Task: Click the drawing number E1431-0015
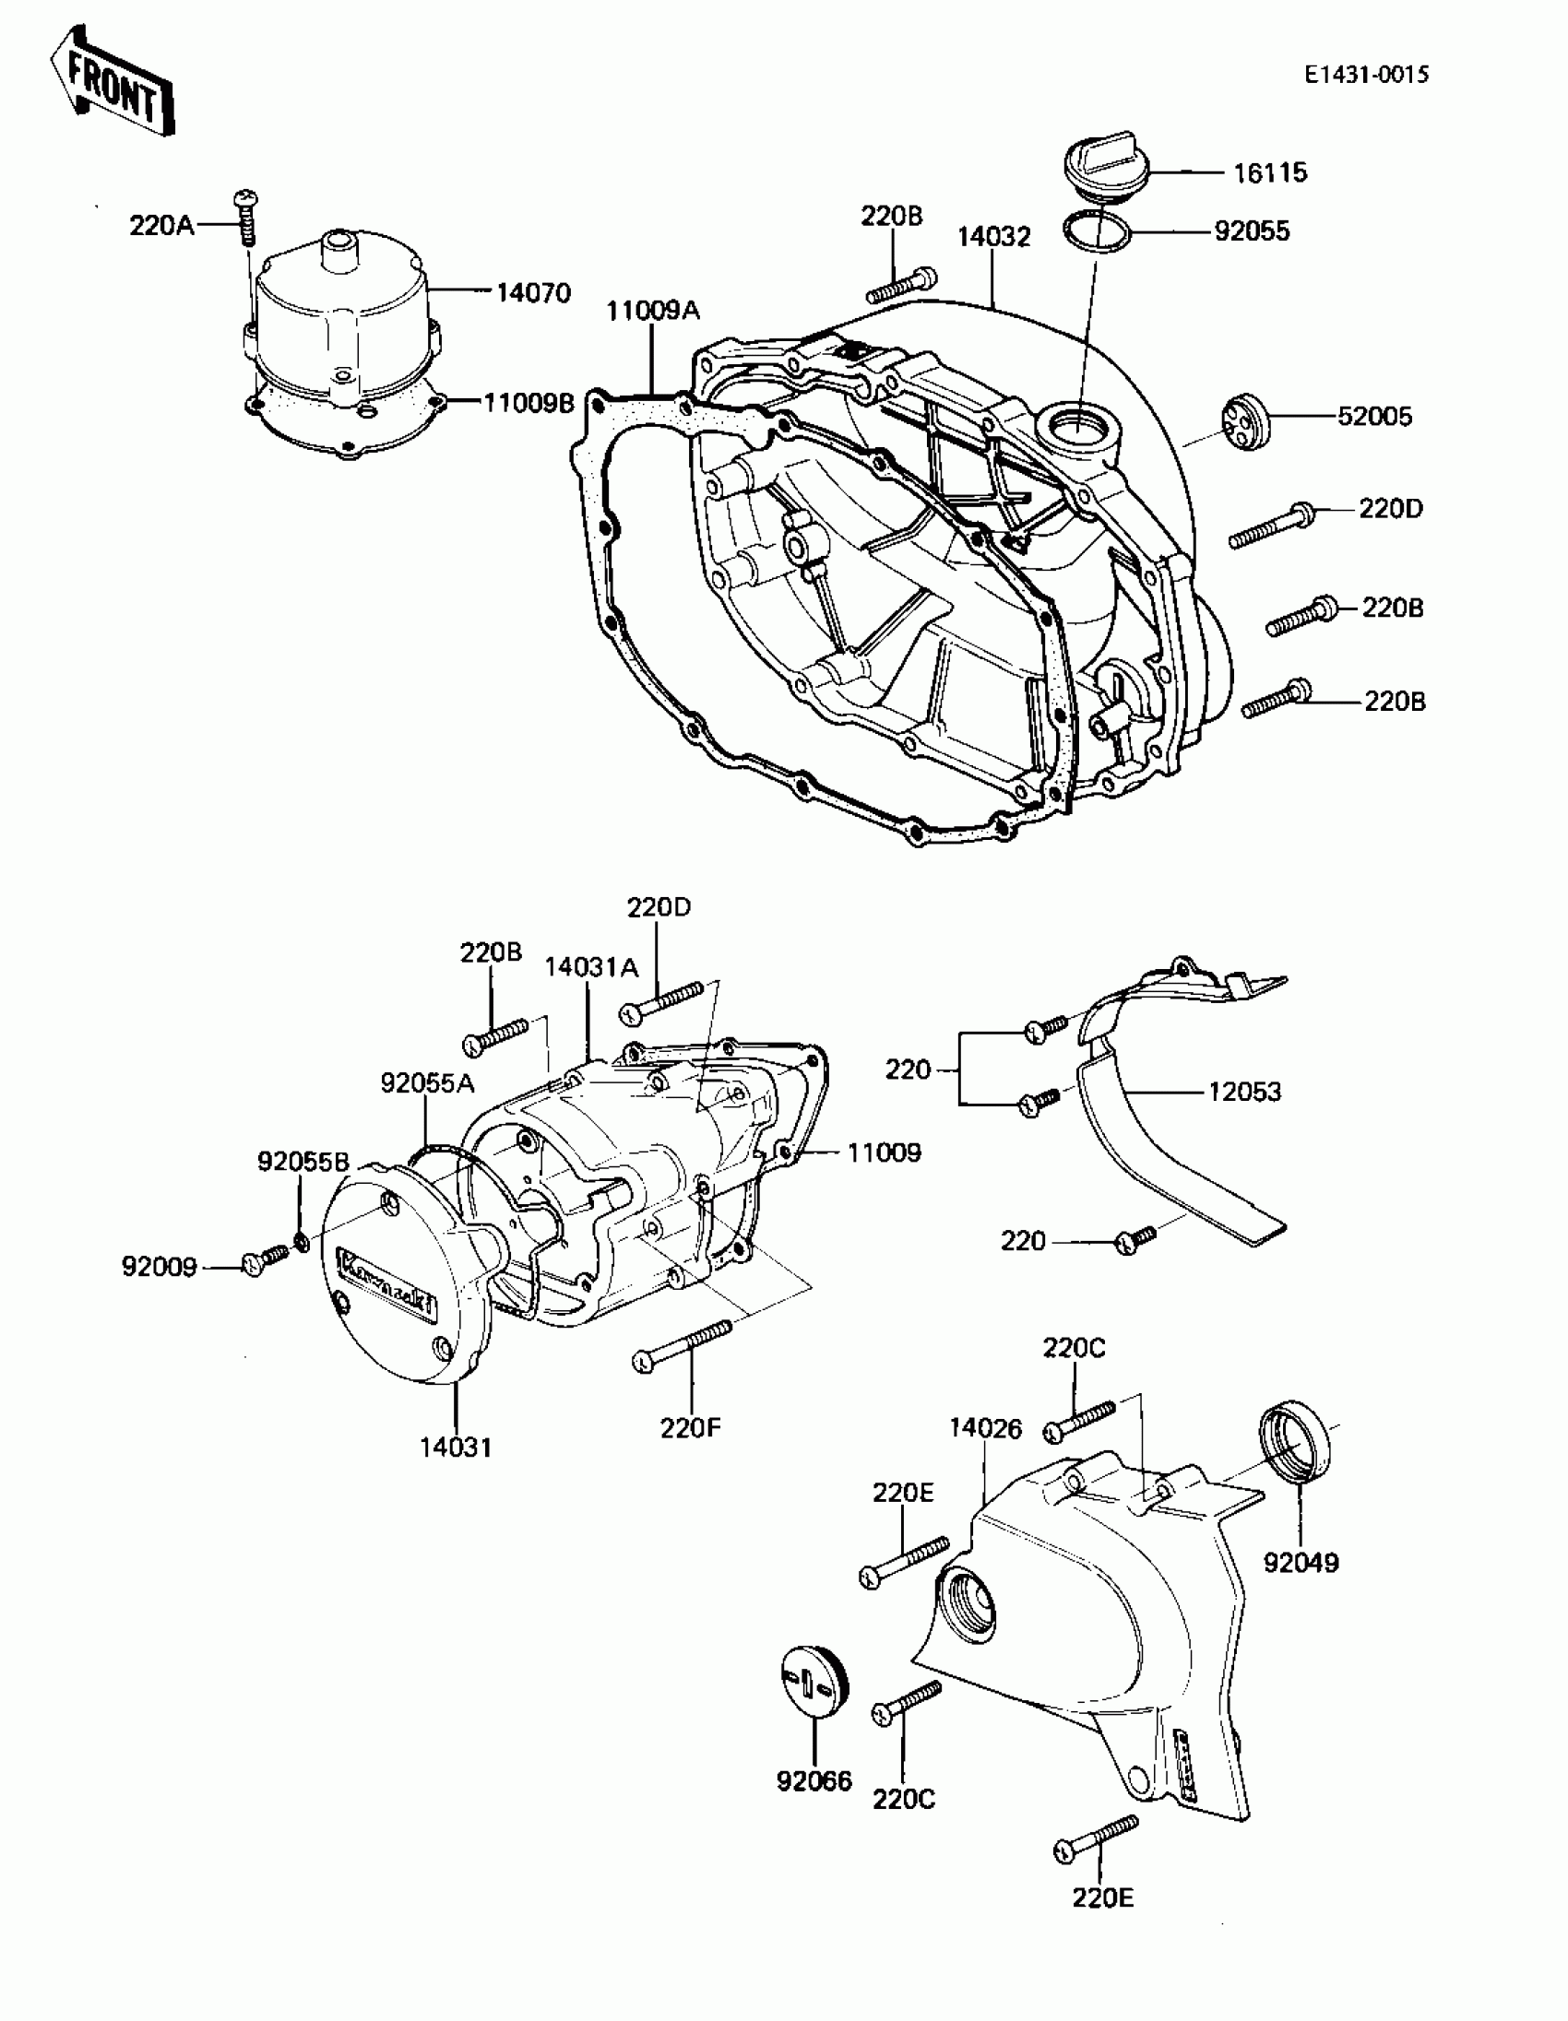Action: pos(1366,75)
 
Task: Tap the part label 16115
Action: pos(1270,172)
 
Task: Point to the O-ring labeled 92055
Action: pos(1097,231)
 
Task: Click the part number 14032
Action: pos(992,237)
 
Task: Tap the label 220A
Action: pos(161,225)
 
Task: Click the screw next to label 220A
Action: pos(247,217)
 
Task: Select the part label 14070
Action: pos(533,292)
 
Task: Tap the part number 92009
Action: pos(160,1266)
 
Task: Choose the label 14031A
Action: pos(590,967)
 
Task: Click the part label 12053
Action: pos(1244,1092)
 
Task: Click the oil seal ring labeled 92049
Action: pos(1295,1445)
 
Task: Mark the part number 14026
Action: pos(985,1430)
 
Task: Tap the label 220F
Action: pos(690,1428)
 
